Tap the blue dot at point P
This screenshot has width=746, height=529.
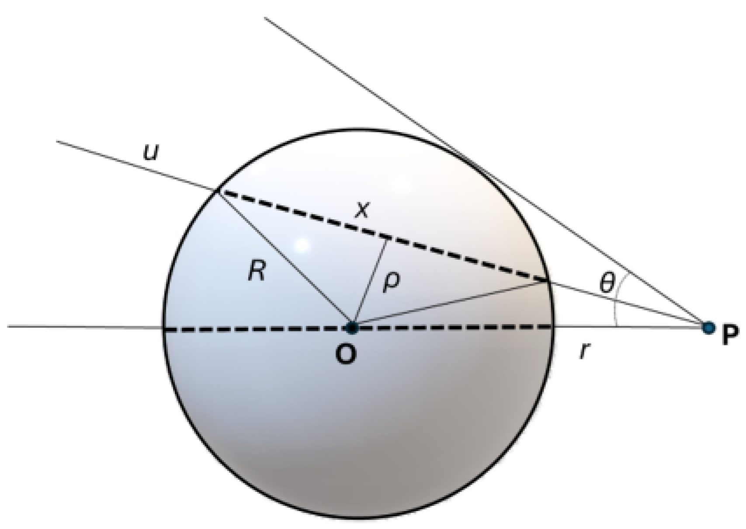[709, 328]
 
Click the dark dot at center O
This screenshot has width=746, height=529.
[352, 328]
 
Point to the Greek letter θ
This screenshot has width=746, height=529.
[607, 283]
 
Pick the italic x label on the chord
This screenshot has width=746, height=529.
[362, 210]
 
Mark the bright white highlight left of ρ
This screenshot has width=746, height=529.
[302, 245]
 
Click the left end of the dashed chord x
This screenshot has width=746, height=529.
[217, 191]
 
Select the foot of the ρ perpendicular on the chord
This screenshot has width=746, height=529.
[387, 237]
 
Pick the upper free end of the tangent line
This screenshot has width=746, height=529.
[265, 17]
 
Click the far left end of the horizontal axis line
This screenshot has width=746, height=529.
[8, 327]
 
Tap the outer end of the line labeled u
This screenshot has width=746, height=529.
[57, 141]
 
